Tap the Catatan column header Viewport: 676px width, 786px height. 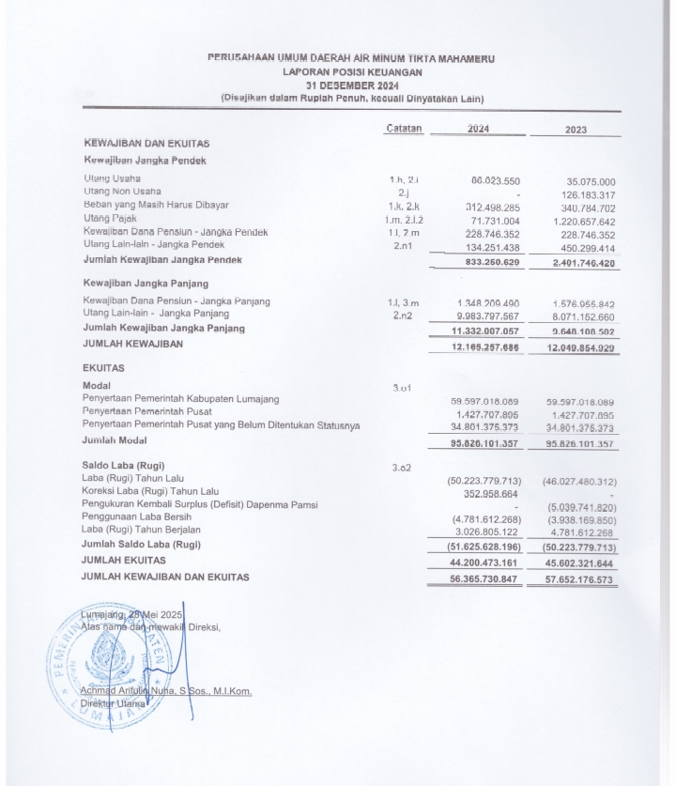coord(404,129)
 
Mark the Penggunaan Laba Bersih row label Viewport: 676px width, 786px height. coord(137,516)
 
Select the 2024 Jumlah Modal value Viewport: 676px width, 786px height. coord(485,441)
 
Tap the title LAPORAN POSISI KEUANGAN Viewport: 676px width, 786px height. coord(352,71)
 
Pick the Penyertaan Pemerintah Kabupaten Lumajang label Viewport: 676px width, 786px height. coord(180,399)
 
